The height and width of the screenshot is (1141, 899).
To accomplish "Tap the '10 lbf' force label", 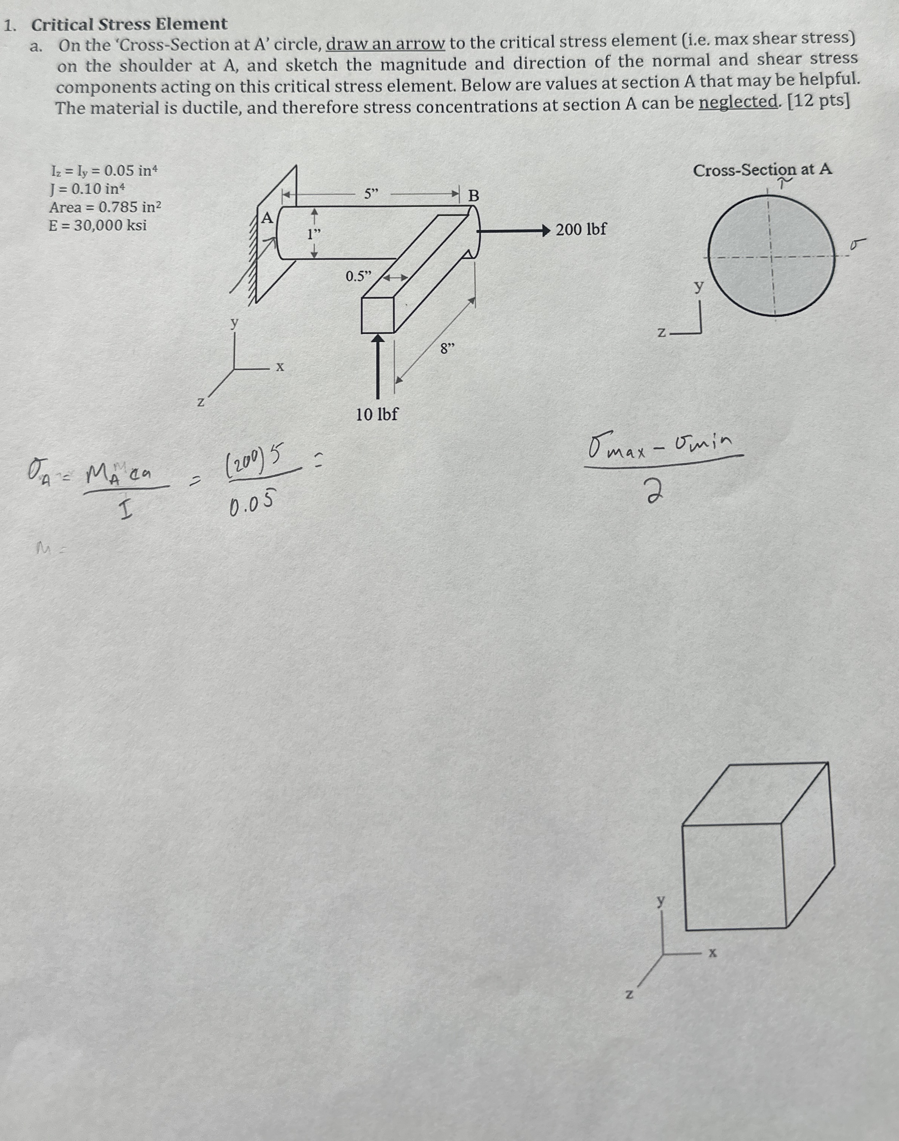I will [376, 415].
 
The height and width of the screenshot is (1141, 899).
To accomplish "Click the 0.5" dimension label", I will [358, 276].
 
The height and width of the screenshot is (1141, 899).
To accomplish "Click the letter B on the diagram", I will [474, 196].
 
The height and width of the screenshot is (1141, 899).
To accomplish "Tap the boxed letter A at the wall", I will [268, 218].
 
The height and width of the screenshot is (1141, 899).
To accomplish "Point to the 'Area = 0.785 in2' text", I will [105, 207].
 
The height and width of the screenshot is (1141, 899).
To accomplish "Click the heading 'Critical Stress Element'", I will [129, 24].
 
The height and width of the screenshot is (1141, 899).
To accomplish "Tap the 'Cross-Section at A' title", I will [762, 170].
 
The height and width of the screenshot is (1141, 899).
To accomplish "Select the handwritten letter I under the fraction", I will [125, 511].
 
